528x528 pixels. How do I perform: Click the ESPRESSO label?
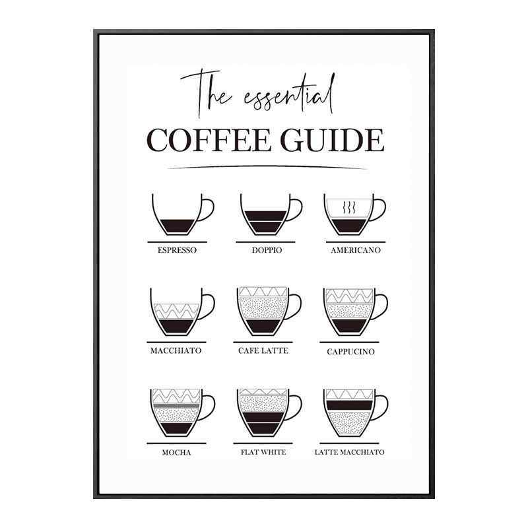coord(177,250)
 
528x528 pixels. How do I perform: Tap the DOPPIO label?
coord(267,250)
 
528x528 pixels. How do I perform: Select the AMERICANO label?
coord(356,250)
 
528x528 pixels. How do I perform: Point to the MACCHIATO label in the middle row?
coord(176,350)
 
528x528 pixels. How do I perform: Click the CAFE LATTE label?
coord(263,350)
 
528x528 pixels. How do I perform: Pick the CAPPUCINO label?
coord(350,352)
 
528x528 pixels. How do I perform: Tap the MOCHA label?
coord(176,452)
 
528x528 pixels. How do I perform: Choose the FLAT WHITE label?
coord(263,452)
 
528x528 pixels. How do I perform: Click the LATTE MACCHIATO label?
coord(350,452)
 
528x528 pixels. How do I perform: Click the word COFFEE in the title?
coord(209,140)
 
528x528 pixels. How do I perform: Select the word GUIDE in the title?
coord(333,140)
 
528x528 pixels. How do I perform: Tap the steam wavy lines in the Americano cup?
coord(349,208)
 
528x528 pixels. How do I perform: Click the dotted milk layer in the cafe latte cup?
coord(263,308)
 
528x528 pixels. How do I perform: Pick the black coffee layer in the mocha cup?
coord(176,428)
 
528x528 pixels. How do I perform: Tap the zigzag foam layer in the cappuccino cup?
coord(350,296)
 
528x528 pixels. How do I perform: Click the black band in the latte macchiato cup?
coord(350,405)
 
